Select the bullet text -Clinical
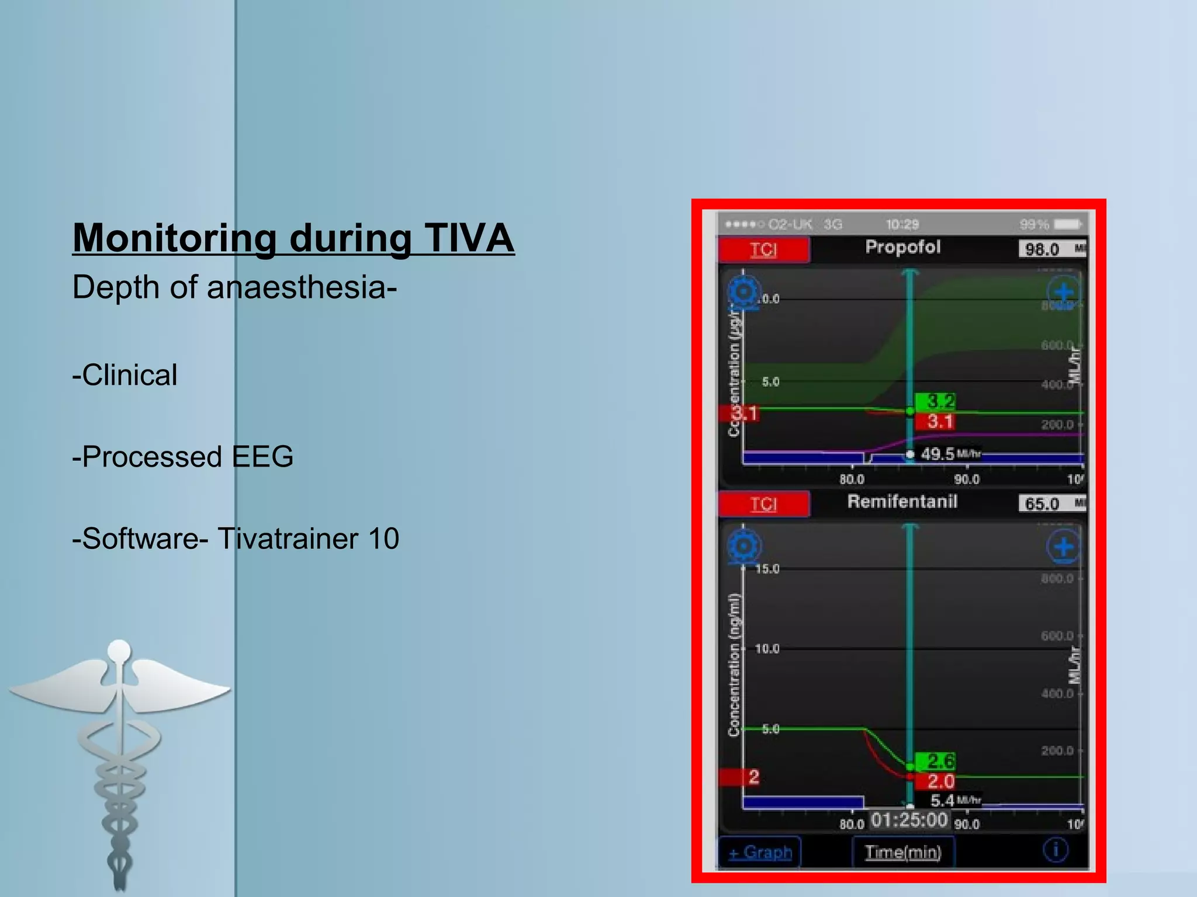[x=124, y=375]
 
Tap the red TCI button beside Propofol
[x=763, y=249]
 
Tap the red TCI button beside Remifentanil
[x=763, y=503]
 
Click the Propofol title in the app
[x=902, y=247]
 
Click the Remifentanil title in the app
[x=902, y=502]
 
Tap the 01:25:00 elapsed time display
[x=909, y=820]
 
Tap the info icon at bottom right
[x=1055, y=850]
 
